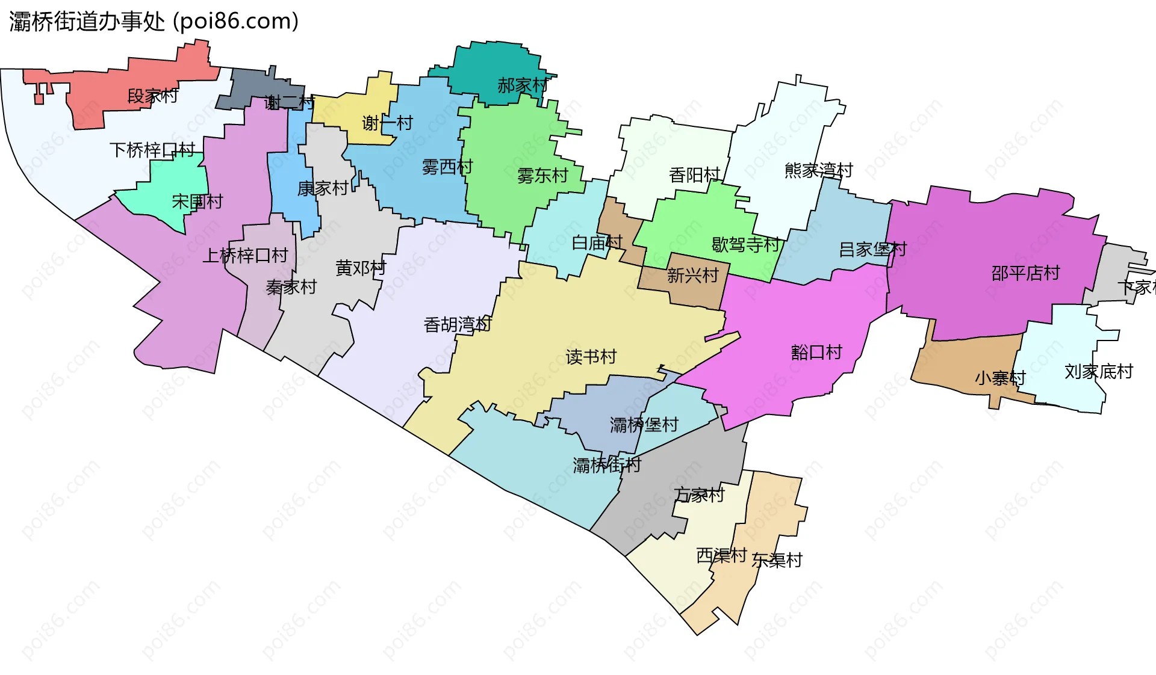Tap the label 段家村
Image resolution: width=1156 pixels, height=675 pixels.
[152, 96]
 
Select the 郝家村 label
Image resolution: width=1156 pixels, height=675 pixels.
[523, 85]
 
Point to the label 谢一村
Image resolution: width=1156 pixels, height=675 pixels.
[387, 123]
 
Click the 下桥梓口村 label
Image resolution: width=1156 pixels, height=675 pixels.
[152, 150]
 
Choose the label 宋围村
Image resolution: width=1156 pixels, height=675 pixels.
[197, 202]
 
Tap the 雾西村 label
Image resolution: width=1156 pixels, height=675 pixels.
[447, 167]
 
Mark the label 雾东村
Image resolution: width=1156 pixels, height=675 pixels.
[542, 176]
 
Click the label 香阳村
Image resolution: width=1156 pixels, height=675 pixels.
[695, 175]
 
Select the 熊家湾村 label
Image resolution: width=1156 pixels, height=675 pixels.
[819, 171]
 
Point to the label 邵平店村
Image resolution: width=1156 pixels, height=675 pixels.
[1025, 274]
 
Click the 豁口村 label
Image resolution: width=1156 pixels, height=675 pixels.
[816, 353]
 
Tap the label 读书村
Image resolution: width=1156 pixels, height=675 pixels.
[591, 357]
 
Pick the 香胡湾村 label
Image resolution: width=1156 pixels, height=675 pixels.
[458, 325]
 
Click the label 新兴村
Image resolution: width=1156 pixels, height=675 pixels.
[692, 276]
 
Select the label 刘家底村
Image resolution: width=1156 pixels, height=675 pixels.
[1098, 372]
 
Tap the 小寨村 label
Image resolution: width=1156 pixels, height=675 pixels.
[1000, 378]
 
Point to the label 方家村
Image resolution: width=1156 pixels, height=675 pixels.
[699, 495]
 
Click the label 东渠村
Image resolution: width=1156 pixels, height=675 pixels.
[777, 561]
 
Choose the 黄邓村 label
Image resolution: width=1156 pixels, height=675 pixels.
[361, 268]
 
